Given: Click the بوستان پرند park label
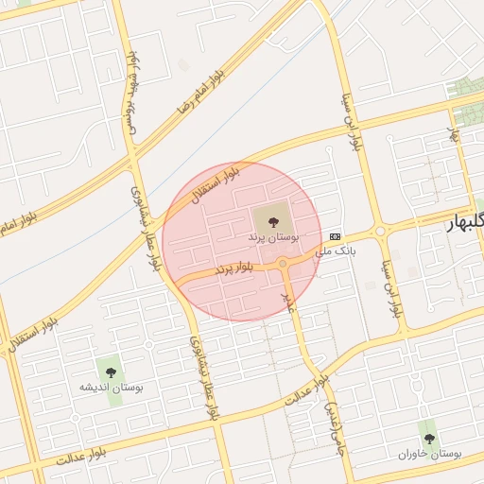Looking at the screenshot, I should [x=273, y=238].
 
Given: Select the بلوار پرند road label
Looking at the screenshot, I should [x=234, y=269].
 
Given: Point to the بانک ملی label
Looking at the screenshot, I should [x=337, y=251].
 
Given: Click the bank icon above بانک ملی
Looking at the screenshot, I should [x=336, y=236].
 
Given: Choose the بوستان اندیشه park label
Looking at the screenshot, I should [x=112, y=388].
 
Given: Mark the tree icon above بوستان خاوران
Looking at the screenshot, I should [x=429, y=439].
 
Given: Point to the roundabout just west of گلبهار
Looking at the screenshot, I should [x=380, y=231].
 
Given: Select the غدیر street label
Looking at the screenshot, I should [x=290, y=301].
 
